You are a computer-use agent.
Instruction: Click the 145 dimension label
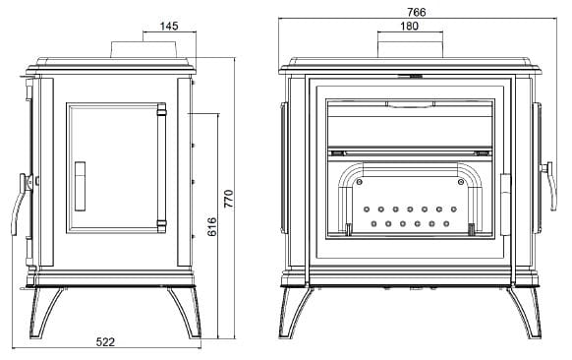point(169,26)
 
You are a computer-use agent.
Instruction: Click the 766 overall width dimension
point(417,13)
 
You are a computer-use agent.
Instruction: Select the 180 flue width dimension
point(409,27)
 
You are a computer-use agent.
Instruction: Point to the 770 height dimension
point(228,199)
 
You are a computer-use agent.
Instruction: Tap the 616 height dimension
point(212,227)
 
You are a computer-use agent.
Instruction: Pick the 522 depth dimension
point(105,342)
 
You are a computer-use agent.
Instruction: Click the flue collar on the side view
point(143,49)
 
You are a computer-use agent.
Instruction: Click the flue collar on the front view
point(410,49)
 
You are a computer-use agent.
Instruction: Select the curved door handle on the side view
point(19,204)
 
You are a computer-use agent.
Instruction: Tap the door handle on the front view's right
point(549,186)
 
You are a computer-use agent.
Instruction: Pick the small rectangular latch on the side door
point(81,186)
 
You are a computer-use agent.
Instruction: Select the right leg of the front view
point(525,312)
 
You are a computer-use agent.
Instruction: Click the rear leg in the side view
point(186,312)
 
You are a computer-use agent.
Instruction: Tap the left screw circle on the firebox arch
point(360,181)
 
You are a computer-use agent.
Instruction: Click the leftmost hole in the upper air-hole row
point(367,210)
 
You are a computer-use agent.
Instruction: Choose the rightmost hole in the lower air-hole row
point(446,223)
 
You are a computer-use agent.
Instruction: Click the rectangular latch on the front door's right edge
point(505,205)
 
